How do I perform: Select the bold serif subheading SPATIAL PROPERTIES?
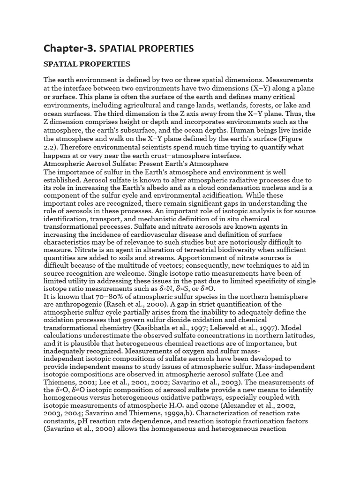click(87, 63)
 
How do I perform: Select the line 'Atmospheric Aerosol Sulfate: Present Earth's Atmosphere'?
click(136, 164)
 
